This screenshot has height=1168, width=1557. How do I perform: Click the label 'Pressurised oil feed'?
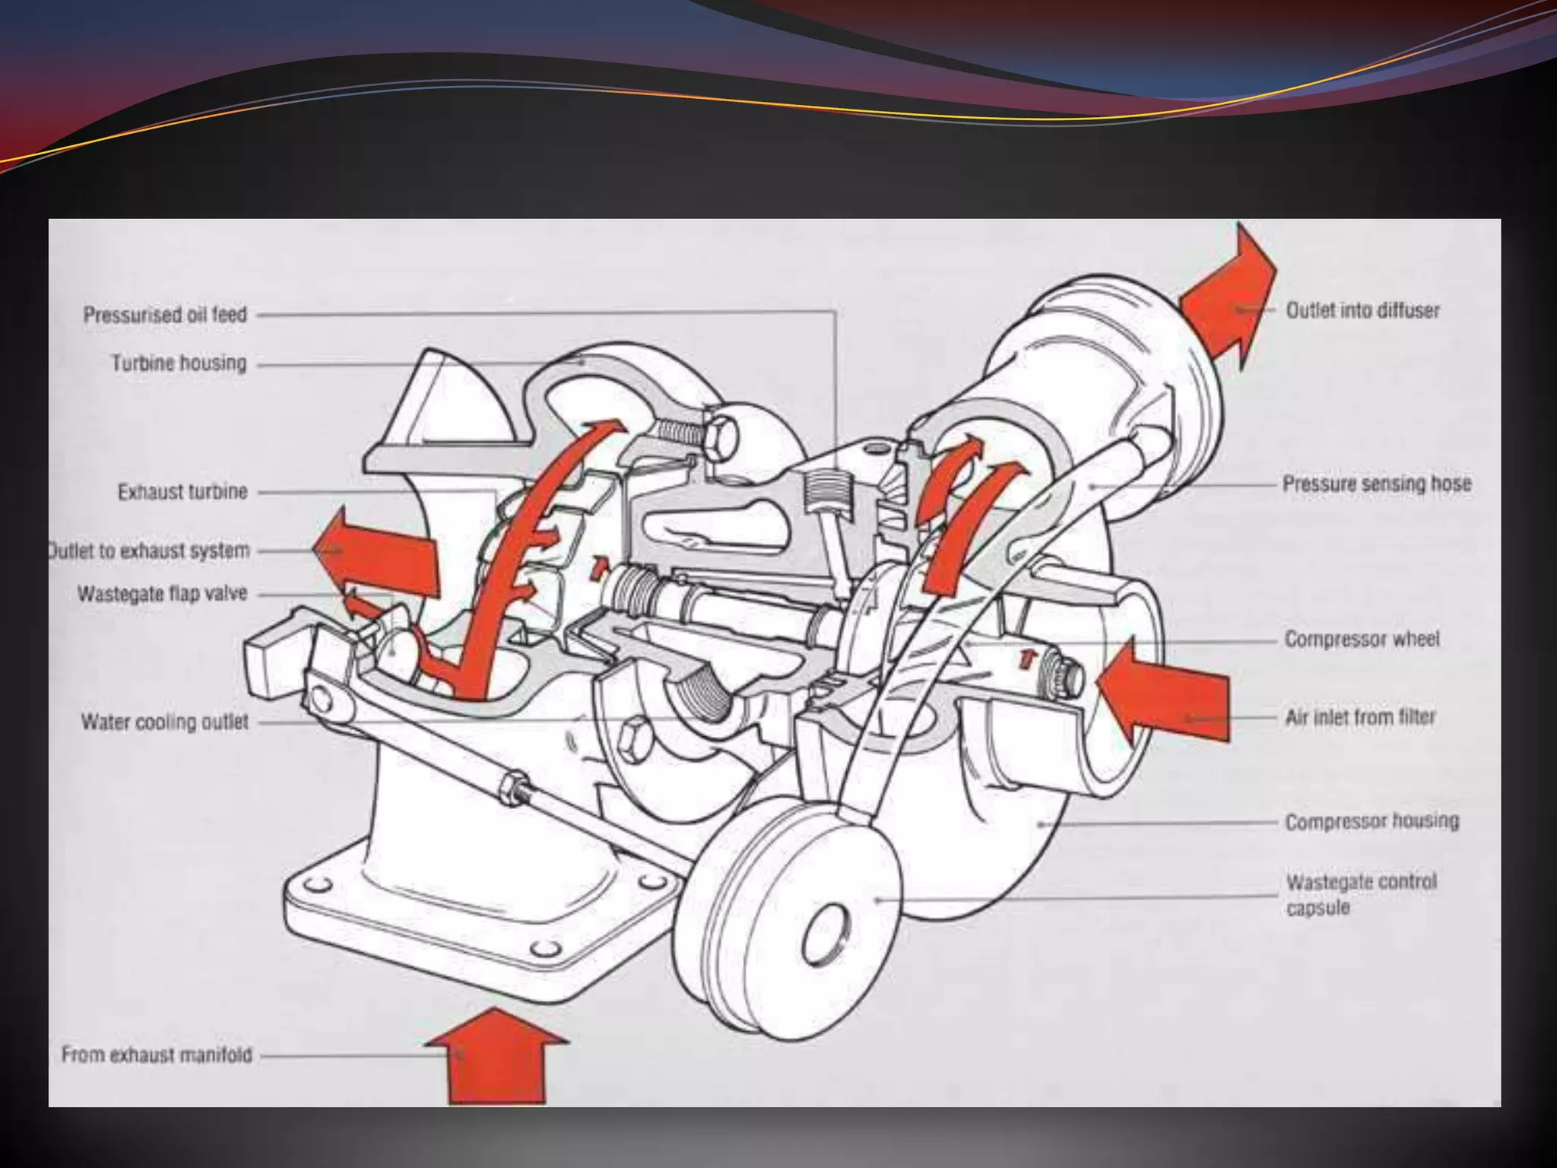point(165,314)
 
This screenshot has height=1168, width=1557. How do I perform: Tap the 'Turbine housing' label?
point(179,363)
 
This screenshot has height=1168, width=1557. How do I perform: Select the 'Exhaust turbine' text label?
point(182,492)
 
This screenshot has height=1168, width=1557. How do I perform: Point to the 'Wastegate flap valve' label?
point(163,593)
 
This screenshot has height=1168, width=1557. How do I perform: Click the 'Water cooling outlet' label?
point(165,721)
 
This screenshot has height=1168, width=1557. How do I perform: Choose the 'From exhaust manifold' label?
point(157,1055)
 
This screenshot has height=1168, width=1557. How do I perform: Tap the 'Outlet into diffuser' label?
point(1362,310)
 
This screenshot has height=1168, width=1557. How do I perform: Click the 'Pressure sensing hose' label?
point(1377,484)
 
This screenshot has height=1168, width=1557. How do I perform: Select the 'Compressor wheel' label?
point(1362,639)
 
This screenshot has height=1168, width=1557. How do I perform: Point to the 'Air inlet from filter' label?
point(1360,717)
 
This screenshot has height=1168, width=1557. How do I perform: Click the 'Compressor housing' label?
point(1371,821)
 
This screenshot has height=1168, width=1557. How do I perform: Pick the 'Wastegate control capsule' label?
point(1361,894)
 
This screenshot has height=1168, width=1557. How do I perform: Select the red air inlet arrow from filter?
point(1163,692)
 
